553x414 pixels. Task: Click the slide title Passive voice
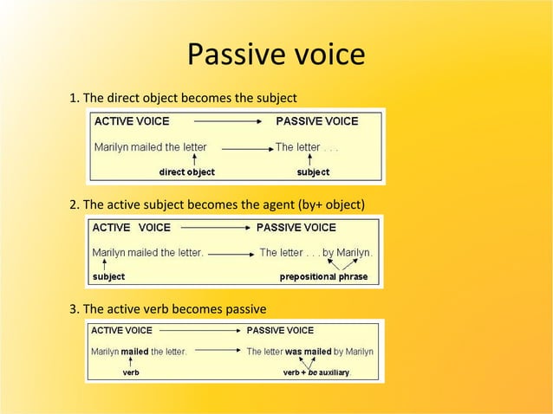click(276, 55)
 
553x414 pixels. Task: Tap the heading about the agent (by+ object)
click(217, 204)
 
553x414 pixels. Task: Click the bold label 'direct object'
click(186, 172)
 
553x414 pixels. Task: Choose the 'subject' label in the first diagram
click(313, 172)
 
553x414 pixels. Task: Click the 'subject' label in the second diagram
click(109, 277)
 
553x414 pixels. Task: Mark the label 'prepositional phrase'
click(323, 277)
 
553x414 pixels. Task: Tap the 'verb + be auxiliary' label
click(317, 373)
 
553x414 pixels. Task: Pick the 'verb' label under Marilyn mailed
click(131, 373)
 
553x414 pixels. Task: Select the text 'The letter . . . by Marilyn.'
click(316, 253)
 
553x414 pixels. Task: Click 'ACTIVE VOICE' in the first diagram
click(132, 121)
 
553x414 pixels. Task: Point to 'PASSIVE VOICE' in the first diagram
click(316, 121)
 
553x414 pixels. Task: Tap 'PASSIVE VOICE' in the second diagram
click(296, 228)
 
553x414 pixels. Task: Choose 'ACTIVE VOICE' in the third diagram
click(122, 331)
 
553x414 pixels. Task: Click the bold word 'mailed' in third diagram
click(135, 352)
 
